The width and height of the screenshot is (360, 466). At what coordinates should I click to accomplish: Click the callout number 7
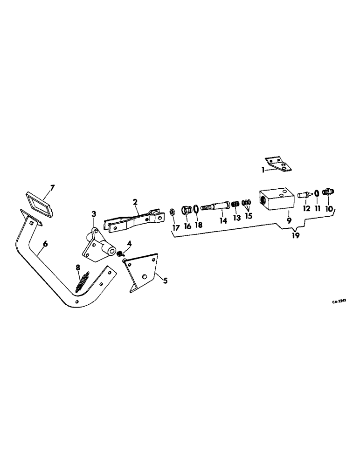(52, 188)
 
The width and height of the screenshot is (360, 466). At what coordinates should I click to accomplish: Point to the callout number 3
(94, 213)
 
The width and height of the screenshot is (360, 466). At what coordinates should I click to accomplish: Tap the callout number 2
(135, 202)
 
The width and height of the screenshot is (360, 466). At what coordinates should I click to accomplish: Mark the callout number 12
(306, 209)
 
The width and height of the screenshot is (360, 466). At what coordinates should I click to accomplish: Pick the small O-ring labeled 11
(317, 193)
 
